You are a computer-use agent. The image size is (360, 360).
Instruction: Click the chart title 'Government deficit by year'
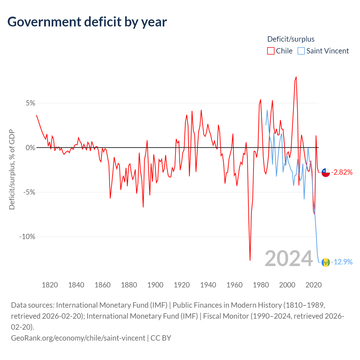point(87,22)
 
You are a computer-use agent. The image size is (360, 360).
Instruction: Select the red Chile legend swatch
point(271,51)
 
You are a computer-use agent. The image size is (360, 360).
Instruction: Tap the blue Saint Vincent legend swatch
point(301,51)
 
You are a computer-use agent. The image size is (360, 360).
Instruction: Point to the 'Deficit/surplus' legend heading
point(291,39)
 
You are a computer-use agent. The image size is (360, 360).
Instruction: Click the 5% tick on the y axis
point(31,103)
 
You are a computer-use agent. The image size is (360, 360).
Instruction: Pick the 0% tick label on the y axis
point(31,148)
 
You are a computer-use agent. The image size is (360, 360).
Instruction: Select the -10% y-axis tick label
point(28,237)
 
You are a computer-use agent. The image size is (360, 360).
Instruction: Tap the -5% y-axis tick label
point(29,192)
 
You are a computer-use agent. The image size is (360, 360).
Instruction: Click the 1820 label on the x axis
point(50,285)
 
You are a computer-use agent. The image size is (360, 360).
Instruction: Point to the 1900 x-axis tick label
point(155,285)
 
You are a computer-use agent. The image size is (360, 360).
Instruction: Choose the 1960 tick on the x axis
point(234,285)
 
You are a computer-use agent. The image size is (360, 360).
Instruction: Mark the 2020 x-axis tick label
point(313,285)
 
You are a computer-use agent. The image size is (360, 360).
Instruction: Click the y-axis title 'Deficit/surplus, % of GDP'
point(12,170)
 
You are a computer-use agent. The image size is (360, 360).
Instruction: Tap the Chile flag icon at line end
point(326,172)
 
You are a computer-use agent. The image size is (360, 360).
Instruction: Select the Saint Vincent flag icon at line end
point(326,262)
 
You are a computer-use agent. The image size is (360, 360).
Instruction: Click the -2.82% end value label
point(342,172)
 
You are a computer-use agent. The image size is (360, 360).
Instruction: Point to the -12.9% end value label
point(342,262)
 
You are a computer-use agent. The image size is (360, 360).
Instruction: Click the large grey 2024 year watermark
point(289,258)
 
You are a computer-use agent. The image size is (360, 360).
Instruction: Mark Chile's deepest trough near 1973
point(250,260)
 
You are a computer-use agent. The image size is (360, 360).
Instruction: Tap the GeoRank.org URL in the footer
point(78,338)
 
